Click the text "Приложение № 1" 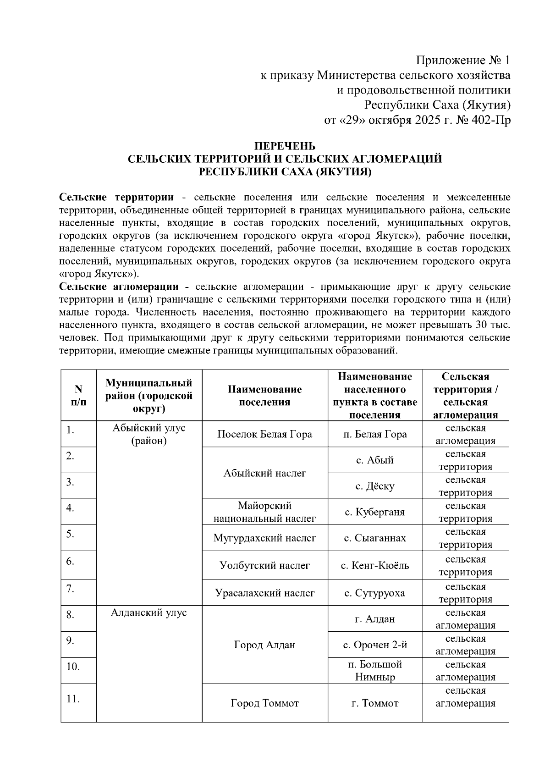[462, 61]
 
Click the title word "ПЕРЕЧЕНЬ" [285, 146]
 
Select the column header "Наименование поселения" [264, 395]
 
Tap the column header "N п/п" [78, 395]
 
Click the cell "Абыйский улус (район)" [148, 434]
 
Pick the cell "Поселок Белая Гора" [264, 434]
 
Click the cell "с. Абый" [374, 460]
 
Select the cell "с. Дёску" [374, 486]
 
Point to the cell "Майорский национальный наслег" [264, 512]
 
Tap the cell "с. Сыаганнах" [374, 538]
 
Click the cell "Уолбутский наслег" [264, 565]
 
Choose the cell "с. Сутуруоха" [374, 593]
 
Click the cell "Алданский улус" [148, 613]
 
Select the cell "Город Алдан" [264, 645]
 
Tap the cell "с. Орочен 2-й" [374, 645]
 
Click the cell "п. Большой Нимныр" [374, 671]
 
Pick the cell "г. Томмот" [374, 703]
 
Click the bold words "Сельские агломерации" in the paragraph [119, 287]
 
